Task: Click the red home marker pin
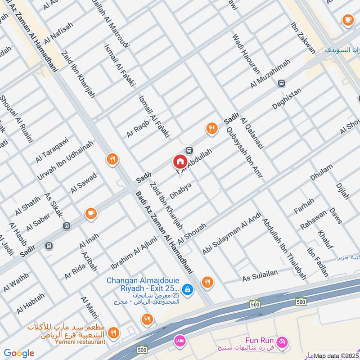click(x=180, y=161)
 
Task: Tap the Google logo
click(x=19, y=353)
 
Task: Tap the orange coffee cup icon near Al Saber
click(x=91, y=213)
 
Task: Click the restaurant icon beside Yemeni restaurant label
click(x=114, y=333)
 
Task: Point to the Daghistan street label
click(x=287, y=99)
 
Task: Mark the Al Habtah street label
click(x=31, y=304)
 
